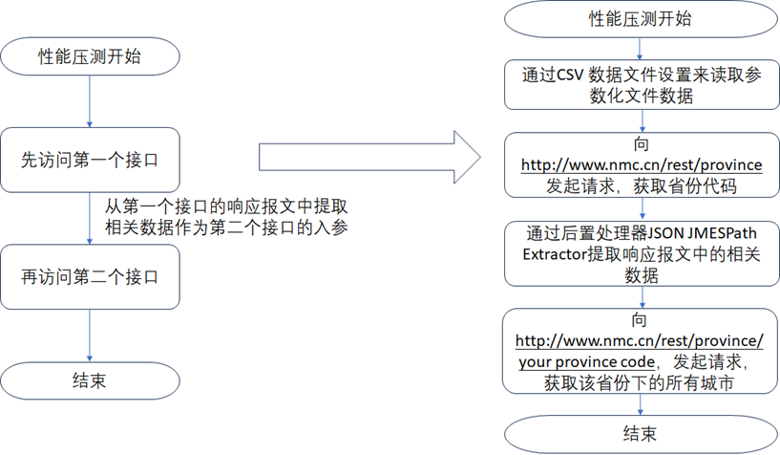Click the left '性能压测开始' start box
click(89, 56)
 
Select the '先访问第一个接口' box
click(89, 160)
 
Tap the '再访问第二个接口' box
click(89, 277)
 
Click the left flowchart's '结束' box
click(89, 379)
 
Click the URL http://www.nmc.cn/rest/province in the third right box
click(641, 164)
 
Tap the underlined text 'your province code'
click(587, 362)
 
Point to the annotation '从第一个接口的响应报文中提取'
click(225, 206)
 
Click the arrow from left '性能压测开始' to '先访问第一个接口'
click(89, 101)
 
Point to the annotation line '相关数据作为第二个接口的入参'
click(225, 227)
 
